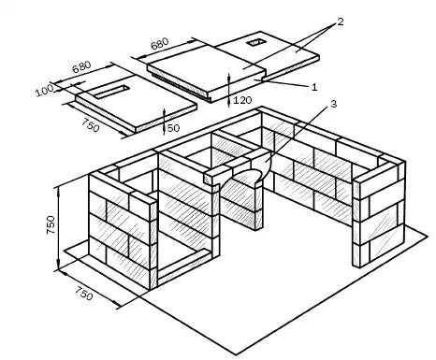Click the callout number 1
click(314, 87)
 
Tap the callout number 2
click(341, 22)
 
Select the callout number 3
click(333, 104)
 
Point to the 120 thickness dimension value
click(242, 100)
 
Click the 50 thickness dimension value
click(174, 128)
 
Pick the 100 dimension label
click(44, 91)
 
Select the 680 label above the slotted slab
click(81, 66)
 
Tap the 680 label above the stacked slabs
click(160, 44)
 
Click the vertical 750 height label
click(51, 224)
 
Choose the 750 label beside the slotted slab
click(91, 125)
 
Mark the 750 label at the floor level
click(83, 294)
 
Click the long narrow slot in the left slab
click(111, 92)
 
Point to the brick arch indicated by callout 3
click(246, 175)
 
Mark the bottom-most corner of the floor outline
click(236, 355)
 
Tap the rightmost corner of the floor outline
click(429, 236)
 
